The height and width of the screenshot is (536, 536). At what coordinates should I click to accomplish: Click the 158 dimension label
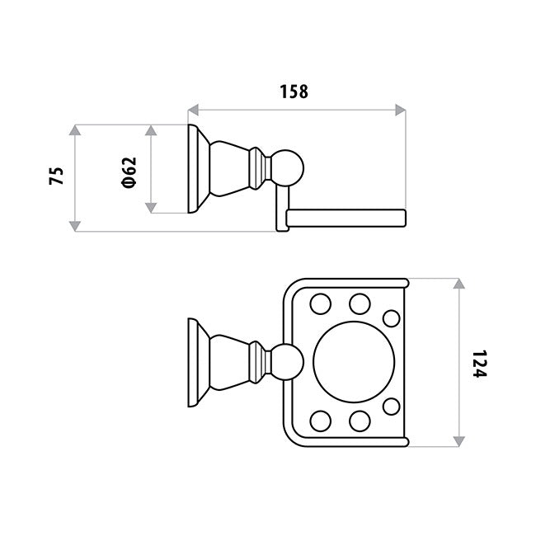294,92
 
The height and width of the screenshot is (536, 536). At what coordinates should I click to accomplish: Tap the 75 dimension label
56,176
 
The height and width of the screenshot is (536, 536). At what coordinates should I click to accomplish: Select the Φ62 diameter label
129,172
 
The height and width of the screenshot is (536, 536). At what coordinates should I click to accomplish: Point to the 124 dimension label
479,364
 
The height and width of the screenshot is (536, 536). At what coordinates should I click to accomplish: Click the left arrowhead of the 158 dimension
193,110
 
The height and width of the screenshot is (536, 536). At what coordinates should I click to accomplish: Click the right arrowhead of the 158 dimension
400,110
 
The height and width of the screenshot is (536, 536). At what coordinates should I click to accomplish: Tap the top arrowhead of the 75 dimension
75,130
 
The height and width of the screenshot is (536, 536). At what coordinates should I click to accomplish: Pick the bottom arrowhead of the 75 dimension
75,226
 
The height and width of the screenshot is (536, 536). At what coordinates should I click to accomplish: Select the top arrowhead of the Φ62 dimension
151,130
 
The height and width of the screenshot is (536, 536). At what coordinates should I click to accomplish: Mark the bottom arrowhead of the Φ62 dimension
151,208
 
